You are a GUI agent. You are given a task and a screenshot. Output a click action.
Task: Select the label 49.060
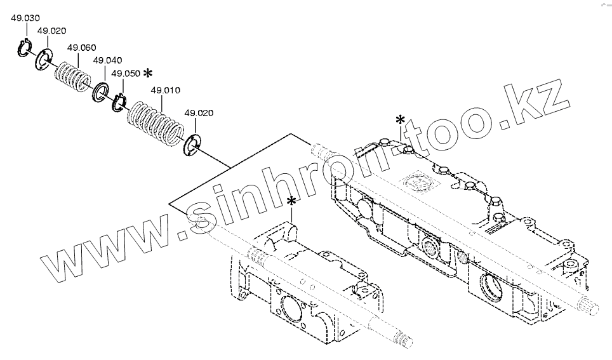point(81,48)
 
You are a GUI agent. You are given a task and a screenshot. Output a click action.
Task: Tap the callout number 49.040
point(107,60)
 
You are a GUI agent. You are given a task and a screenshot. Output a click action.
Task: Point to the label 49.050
point(125,74)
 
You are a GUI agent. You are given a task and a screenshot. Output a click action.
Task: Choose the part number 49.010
point(165,90)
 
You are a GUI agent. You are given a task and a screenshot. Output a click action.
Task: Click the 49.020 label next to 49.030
point(51,31)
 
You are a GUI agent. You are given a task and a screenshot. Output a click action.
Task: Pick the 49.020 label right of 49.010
point(199,113)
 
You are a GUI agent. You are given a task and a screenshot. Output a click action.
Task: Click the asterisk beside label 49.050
point(147,74)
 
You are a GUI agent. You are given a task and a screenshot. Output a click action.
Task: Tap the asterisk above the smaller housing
point(291,202)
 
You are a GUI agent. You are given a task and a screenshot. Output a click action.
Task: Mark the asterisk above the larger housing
point(401,120)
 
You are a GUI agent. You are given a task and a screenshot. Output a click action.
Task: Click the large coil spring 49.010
point(154,124)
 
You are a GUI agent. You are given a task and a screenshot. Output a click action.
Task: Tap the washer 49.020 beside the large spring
point(192,145)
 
